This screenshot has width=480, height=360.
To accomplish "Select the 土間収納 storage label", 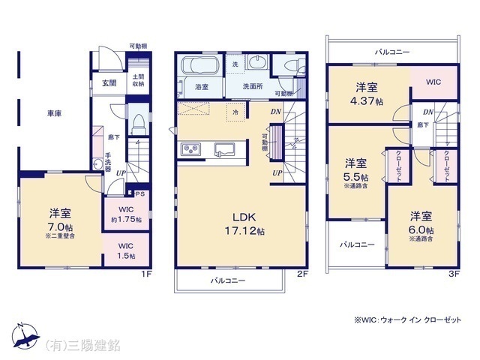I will [139, 81].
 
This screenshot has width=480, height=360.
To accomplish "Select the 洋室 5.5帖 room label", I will [355, 168].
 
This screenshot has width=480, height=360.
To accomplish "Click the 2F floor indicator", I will [301, 274].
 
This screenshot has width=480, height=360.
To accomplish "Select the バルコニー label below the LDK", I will [228, 280].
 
